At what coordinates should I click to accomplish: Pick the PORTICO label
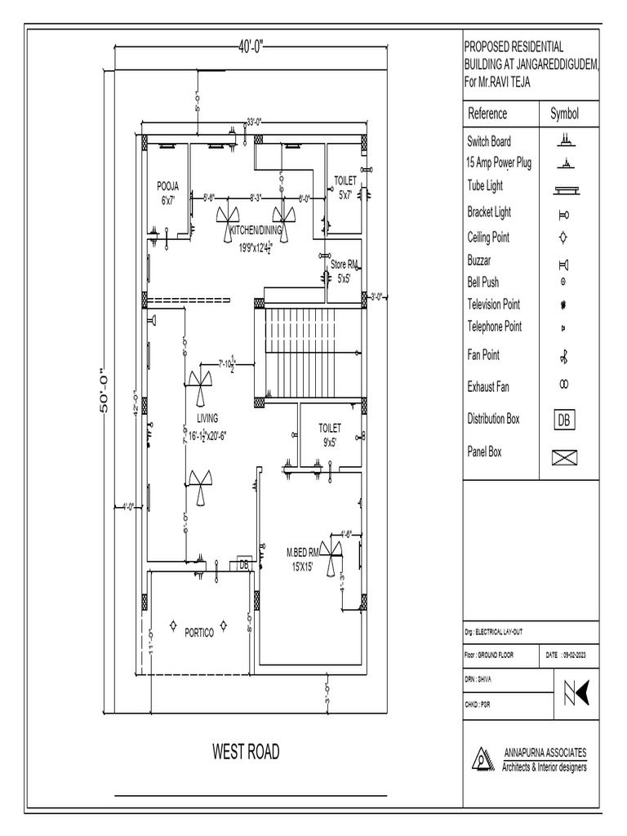[x=199, y=632]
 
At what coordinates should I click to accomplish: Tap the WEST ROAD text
[x=246, y=752]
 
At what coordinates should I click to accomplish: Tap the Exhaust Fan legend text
[x=488, y=387]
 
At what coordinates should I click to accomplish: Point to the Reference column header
[x=487, y=113]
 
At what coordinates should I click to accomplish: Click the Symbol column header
[x=564, y=113]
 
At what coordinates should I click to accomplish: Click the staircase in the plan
[x=310, y=353]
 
